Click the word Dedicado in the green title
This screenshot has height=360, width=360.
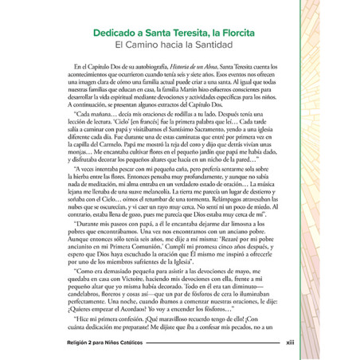113,34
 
